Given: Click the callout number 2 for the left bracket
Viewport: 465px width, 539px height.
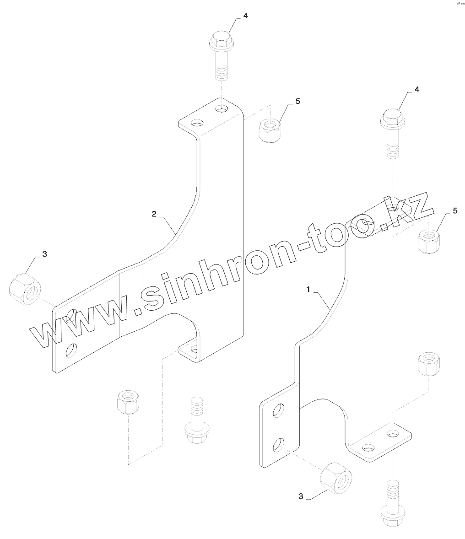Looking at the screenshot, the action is pos(154,214).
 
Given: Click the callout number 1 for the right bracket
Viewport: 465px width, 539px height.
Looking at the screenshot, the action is pos(309,289).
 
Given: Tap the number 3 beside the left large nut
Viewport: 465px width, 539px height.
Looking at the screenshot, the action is pos(44,254).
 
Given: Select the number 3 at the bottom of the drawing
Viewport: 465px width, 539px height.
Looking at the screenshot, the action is pos(300,496).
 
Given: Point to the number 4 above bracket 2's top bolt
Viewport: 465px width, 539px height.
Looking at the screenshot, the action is pos(246,16).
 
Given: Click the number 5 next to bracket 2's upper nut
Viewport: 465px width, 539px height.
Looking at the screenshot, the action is pos(297,101).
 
